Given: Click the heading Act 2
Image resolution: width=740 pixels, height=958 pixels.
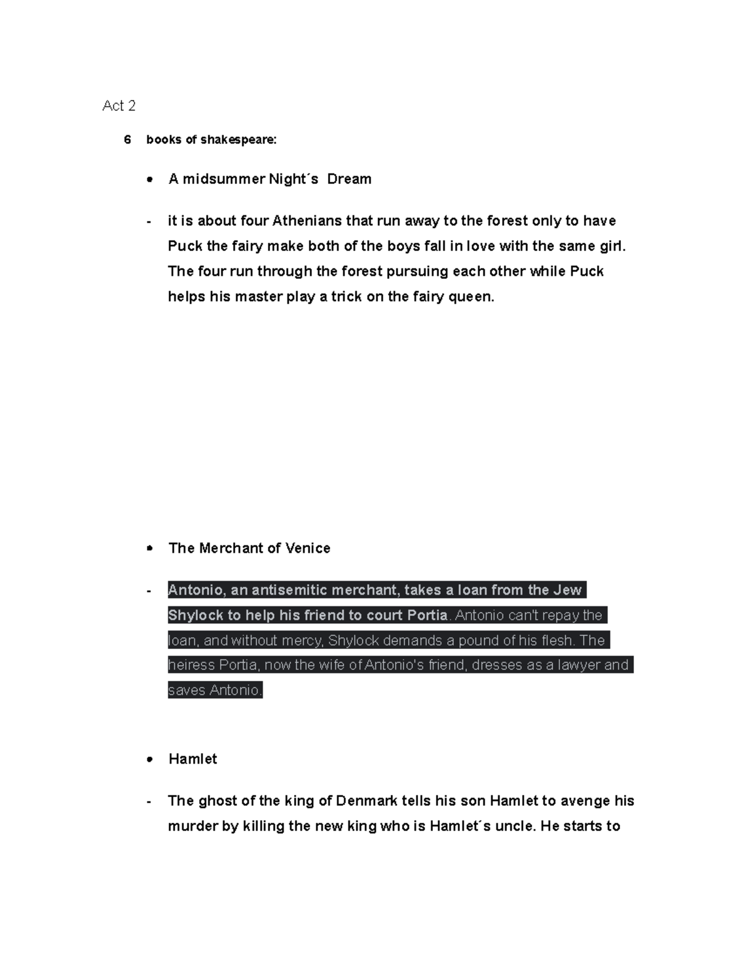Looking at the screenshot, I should point(118,106).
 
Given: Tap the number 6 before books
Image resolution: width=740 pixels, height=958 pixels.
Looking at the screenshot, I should point(127,140).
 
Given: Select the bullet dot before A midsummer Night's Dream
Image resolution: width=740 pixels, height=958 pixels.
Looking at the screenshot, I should point(149,180).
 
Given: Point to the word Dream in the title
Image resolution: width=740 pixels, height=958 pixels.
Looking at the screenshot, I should point(349,180).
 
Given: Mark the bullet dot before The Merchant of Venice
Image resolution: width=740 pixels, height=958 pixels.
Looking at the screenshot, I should point(149,548).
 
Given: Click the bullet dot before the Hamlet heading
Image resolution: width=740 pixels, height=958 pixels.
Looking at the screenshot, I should point(149,760).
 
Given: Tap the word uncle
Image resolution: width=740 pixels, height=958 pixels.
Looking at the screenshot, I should point(514,827).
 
